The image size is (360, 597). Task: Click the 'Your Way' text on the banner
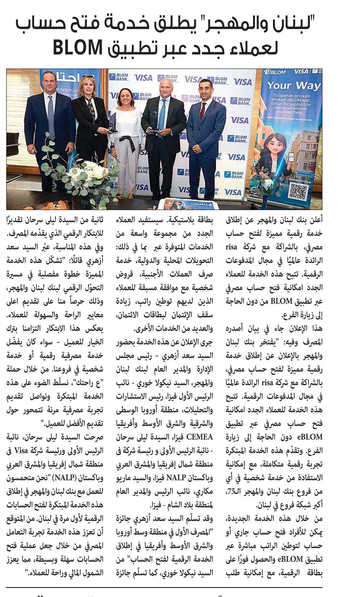294,85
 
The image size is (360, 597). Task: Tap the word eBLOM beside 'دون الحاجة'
309,437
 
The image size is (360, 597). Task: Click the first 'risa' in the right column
231,247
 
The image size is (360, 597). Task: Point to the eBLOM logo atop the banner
275,72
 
